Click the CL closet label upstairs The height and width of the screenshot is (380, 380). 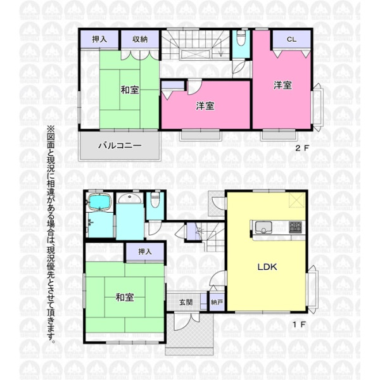(291, 39)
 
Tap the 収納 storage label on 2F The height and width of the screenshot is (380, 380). (140, 39)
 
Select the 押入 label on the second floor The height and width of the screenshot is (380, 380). (99, 39)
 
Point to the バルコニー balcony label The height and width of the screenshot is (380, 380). (120, 146)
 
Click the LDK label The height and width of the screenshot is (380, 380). (267, 267)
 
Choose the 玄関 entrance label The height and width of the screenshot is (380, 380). (186, 302)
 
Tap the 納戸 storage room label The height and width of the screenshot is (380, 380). (217, 302)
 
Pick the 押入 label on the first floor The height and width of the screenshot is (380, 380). (145, 251)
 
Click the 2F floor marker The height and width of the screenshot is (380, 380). (302, 148)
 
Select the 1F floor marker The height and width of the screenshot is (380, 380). (300, 324)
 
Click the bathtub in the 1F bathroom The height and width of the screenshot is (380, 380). (100, 201)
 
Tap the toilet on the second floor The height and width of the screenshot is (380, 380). (241, 39)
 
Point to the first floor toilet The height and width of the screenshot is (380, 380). (155, 200)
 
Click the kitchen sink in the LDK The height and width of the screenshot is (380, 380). (263, 227)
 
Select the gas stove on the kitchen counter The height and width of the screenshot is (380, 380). (295, 227)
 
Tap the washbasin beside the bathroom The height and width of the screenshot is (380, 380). (130, 199)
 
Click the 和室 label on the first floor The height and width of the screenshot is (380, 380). (125, 297)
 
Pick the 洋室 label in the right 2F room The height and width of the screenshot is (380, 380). (282, 85)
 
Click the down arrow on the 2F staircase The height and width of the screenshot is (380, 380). (221, 51)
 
